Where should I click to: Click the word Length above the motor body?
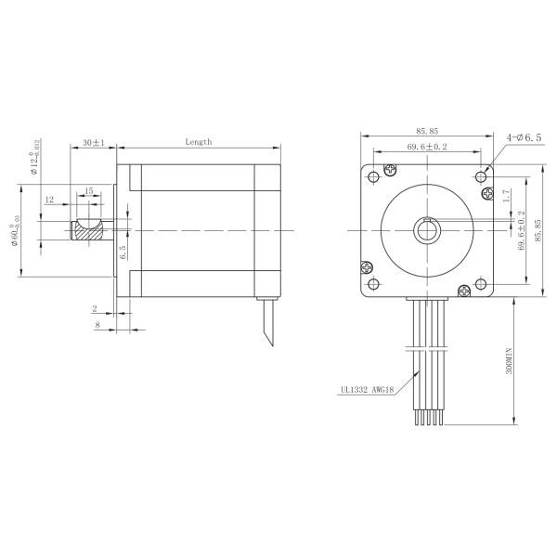(198, 142)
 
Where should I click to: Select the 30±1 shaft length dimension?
(93, 143)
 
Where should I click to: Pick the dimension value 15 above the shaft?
(89, 190)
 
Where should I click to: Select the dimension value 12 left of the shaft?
(49, 200)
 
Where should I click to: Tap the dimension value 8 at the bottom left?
(97, 325)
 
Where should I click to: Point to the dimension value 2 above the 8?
(95, 307)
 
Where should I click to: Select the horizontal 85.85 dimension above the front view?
(427, 133)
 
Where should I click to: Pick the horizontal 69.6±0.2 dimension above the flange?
(427, 147)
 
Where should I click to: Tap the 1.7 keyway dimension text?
(506, 196)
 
